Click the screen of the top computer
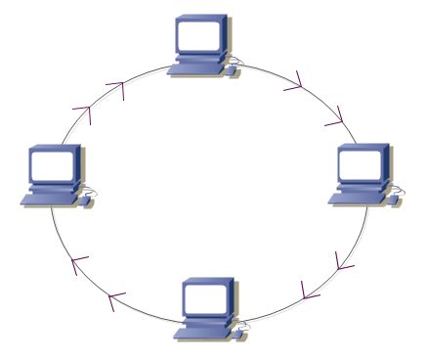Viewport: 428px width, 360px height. pos(199,36)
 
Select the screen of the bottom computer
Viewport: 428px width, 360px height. pos(205,299)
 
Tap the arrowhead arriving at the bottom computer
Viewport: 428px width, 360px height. pos(309,291)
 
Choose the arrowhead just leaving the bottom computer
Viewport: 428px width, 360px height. pos(116,297)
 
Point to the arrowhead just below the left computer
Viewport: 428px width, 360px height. pos(78,262)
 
